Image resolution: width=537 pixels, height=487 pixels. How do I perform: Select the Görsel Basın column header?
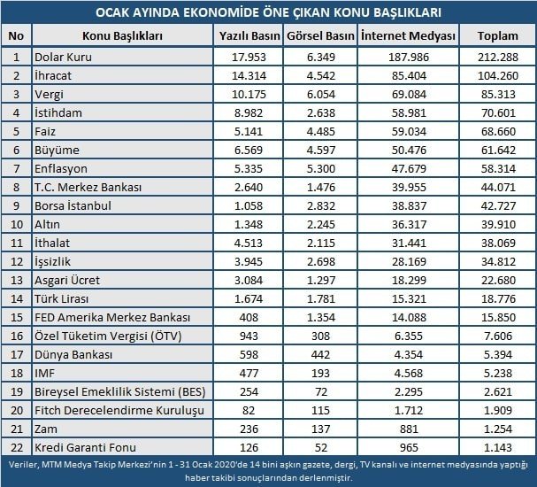click(320, 35)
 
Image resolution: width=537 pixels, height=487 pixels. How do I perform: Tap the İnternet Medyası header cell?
click(408, 35)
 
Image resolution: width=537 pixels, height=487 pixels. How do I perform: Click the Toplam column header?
click(497, 35)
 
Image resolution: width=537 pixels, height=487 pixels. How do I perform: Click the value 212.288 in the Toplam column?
click(497, 57)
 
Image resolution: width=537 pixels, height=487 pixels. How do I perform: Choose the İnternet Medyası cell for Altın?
click(408, 225)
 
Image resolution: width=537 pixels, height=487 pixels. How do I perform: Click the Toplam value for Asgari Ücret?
click(497, 281)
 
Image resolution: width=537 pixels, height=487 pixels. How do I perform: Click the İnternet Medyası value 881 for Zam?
click(408, 430)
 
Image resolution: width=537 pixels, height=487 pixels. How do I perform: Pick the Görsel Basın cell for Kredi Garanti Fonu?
click(320, 449)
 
